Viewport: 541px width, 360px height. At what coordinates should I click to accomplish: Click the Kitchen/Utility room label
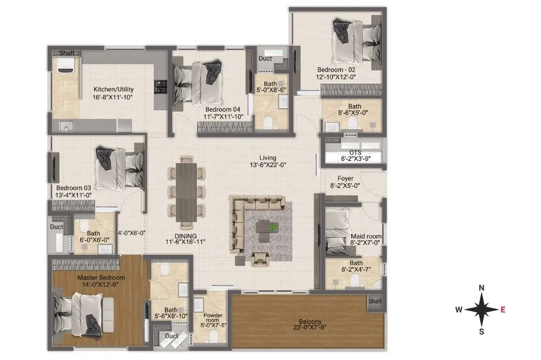[113, 89]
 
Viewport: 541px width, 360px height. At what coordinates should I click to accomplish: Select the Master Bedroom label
[101, 277]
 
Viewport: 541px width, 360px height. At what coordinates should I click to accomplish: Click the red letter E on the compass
[503, 310]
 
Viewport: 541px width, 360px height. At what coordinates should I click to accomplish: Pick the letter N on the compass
[482, 288]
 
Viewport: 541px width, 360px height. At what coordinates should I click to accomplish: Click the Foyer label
[345, 178]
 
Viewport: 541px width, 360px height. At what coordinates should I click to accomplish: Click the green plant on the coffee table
[272, 228]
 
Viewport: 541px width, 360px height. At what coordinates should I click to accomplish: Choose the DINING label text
[186, 235]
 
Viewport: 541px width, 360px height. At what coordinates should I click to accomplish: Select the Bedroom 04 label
[224, 109]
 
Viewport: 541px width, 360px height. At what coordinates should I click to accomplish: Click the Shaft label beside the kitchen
[67, 53]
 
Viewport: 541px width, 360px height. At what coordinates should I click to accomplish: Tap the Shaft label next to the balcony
[375, 301]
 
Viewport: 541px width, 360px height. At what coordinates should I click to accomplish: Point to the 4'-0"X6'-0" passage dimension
[131, 233]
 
